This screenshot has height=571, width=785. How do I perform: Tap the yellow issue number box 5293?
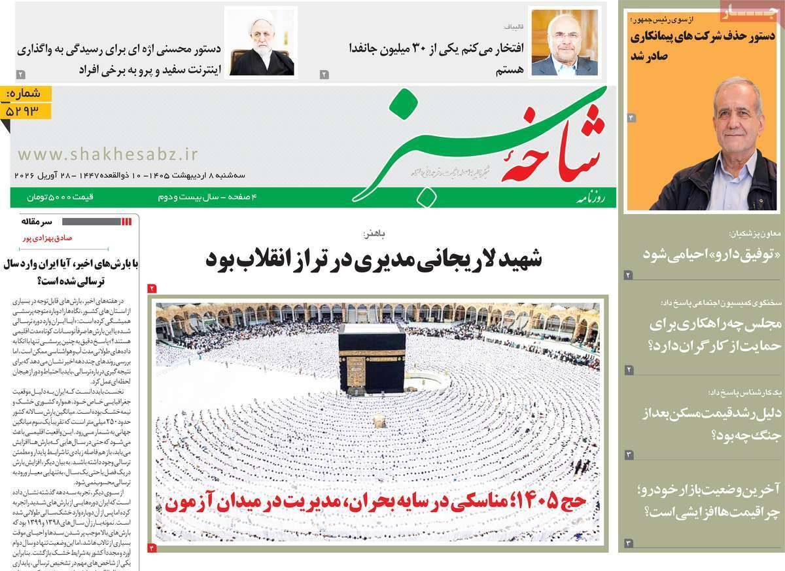tap(27, 104)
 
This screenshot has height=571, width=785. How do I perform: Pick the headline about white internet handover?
tap(120, 58)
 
